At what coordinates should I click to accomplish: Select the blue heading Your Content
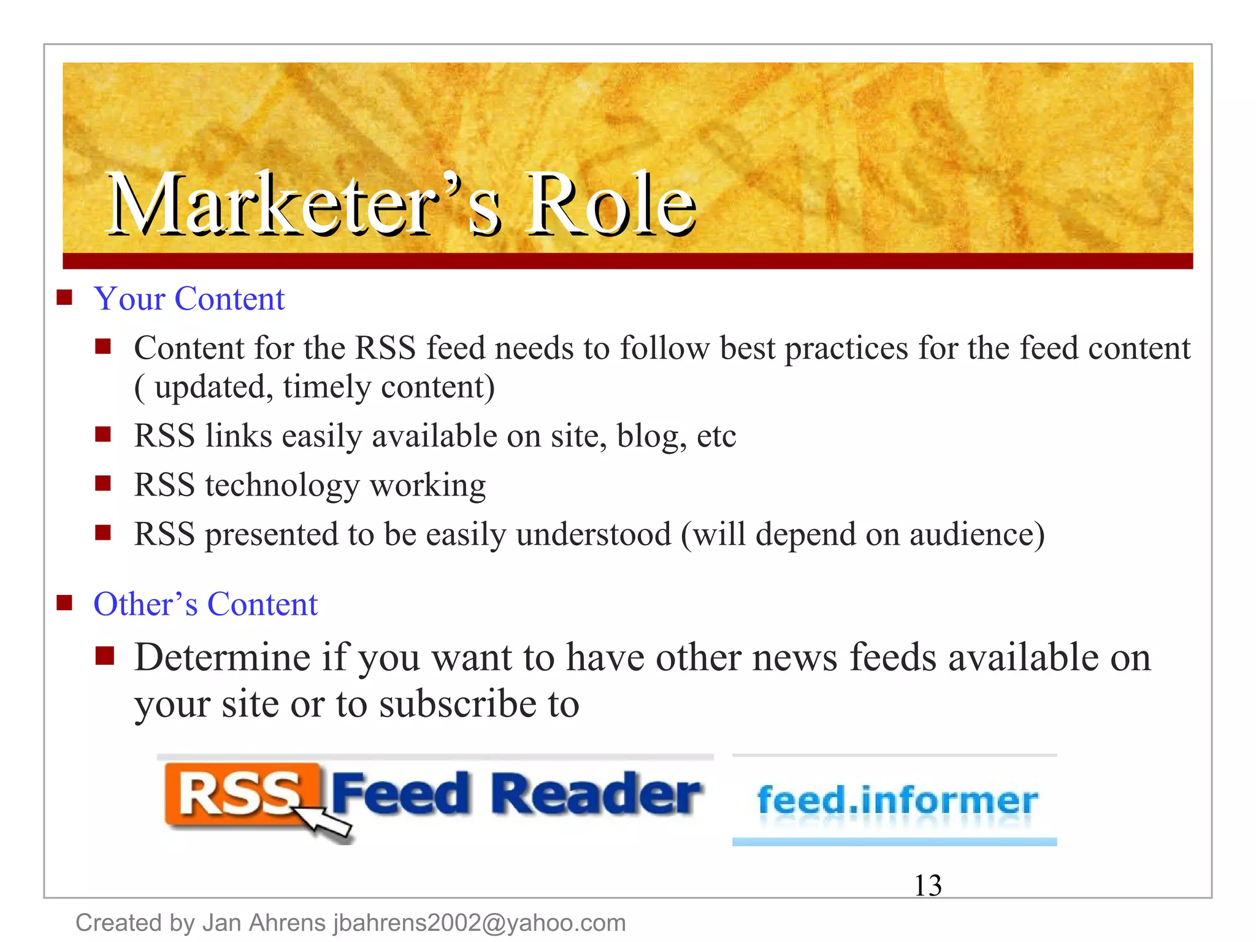pyautogui.click(x=189, y=299)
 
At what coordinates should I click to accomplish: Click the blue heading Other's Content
pyautogui.click(x=205, y=605)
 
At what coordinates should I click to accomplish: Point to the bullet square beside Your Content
pyautogui.click(x=64, y=298)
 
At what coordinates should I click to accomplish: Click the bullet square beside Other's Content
pyautogui.click(x=64, y=603)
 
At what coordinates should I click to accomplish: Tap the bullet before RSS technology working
pyautogui.click(x=103, y=484)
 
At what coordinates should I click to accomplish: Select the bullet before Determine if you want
pyautogui.click(x=105, y=656)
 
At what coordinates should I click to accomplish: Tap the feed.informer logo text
pyautogui.click(x=897, y=800)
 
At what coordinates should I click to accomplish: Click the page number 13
pyautogui.click(x=927, y=886)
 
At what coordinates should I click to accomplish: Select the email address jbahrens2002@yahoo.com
pyautogui.click(x=480, y=923)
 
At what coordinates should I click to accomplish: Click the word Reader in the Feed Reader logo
pyautogui.click(x=595, y=794)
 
